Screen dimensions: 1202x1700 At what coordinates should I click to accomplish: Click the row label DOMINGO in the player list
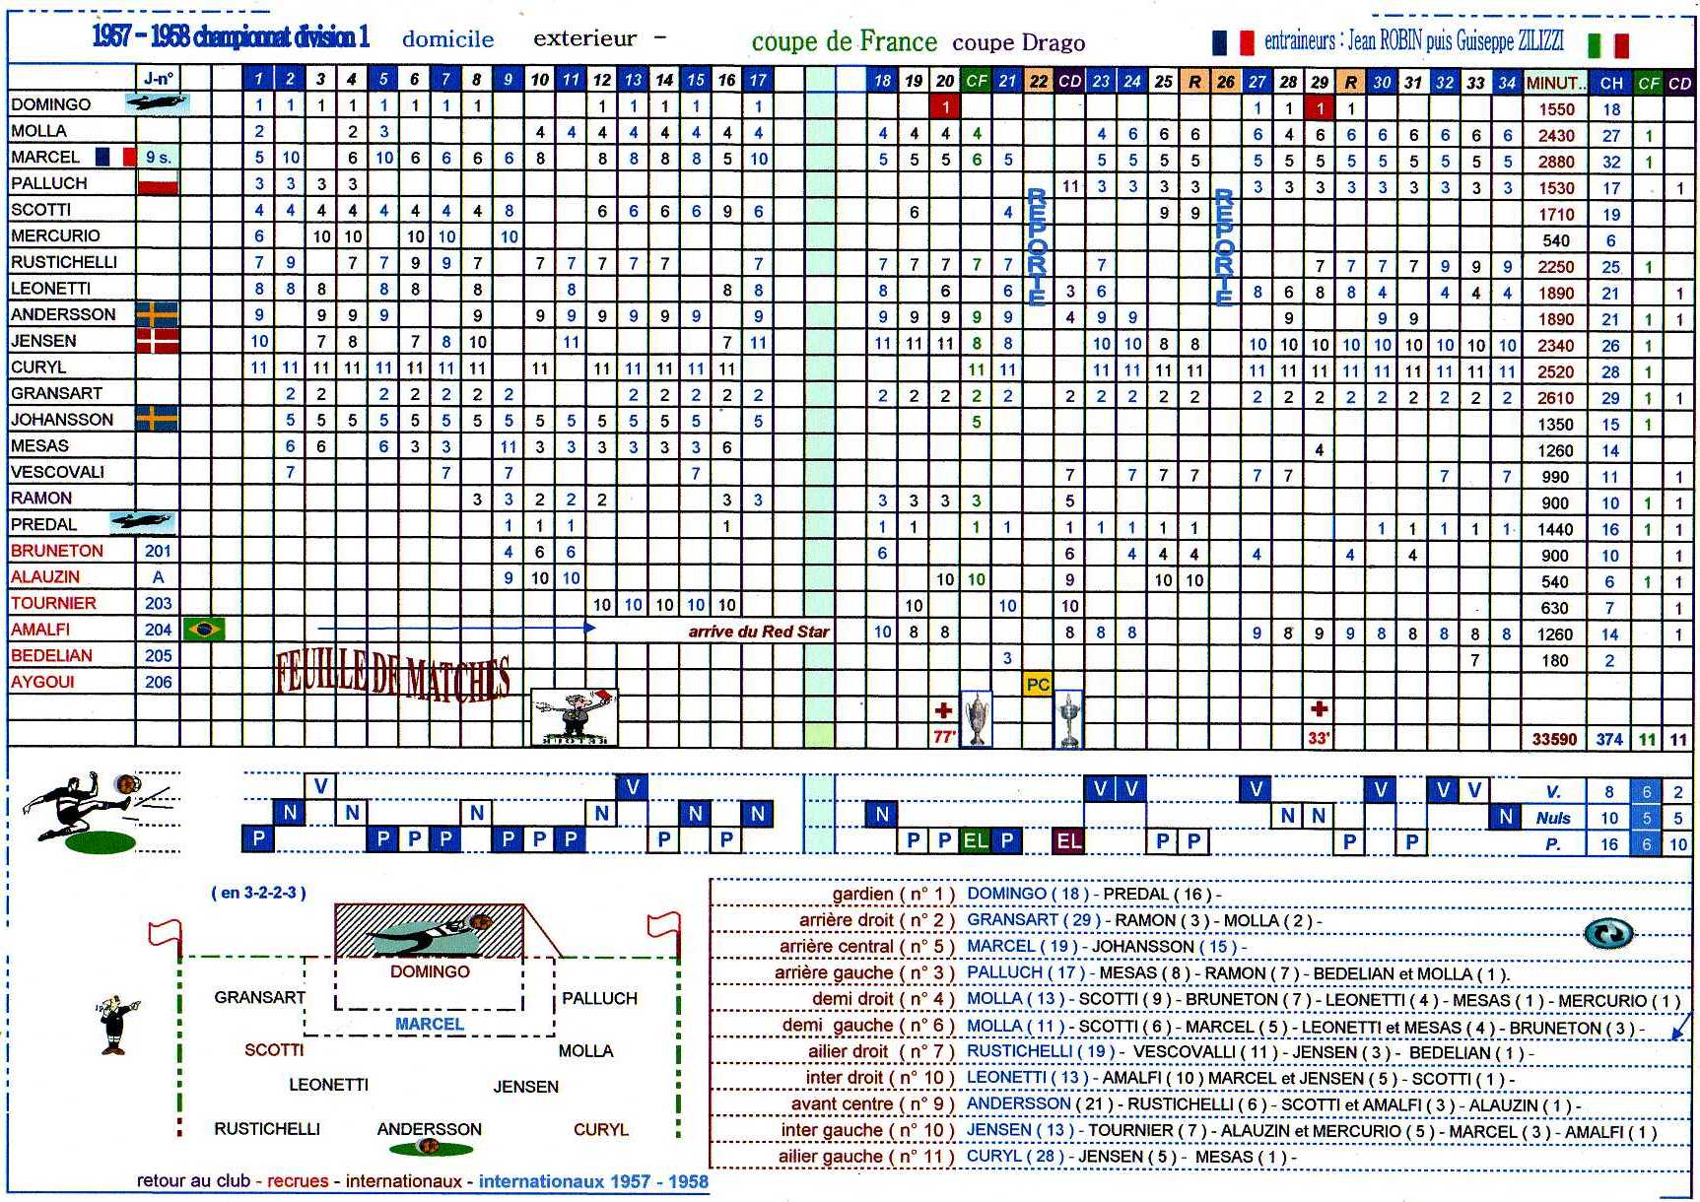click(51, 104)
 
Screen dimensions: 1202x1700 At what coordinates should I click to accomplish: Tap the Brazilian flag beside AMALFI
click(204, 629)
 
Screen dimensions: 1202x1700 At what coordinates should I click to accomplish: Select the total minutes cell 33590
click(1554, 738)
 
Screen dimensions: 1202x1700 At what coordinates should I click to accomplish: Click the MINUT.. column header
click(1554, 83)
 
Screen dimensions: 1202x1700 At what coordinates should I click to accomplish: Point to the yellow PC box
click(1038, 684)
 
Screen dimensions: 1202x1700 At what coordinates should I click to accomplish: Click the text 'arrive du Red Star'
click(758, 632)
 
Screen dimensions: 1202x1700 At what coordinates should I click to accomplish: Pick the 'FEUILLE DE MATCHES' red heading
click(393, 677)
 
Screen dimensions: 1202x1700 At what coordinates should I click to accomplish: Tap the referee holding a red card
click(574, 715)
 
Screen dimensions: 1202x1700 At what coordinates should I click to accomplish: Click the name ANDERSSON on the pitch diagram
click(430, 1129)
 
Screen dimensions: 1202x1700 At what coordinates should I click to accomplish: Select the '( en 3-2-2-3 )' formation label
click(258, 893)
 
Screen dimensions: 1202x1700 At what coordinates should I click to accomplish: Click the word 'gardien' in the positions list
click(862, 895)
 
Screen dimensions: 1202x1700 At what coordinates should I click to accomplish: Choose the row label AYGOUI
click(43, 682)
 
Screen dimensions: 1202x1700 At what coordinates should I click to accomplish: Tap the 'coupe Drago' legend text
click(1018, 43)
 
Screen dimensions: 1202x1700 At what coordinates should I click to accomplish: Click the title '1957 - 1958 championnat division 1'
click(231, 37)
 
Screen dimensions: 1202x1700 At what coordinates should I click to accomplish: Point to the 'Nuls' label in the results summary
click(1553, 818)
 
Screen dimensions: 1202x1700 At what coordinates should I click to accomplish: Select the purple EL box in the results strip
click(1069, 840)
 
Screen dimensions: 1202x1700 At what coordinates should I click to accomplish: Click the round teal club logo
click(1607, 933)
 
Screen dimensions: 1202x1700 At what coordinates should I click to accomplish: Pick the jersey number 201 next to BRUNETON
click(158, 551)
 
